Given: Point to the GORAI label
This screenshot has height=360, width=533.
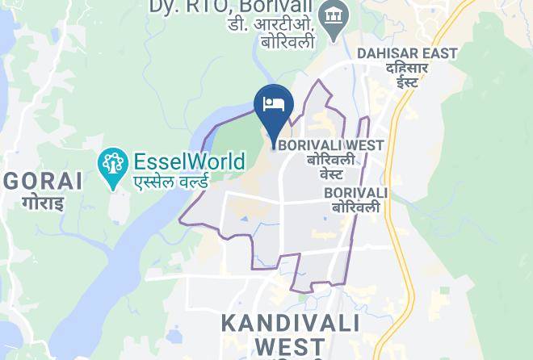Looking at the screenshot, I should tap(42, 181).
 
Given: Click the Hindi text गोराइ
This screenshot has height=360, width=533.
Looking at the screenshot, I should tap(42, 202).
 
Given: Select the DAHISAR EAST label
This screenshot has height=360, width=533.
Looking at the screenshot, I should tap(407, 53).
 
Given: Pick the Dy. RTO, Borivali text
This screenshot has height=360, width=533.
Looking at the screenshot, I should tap(232, 7).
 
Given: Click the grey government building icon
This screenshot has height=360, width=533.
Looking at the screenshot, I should tap(333, 15).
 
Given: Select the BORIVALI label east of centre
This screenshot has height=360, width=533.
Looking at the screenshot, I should tap(355, 193).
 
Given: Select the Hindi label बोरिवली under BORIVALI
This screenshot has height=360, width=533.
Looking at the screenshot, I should tap(355, 208).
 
